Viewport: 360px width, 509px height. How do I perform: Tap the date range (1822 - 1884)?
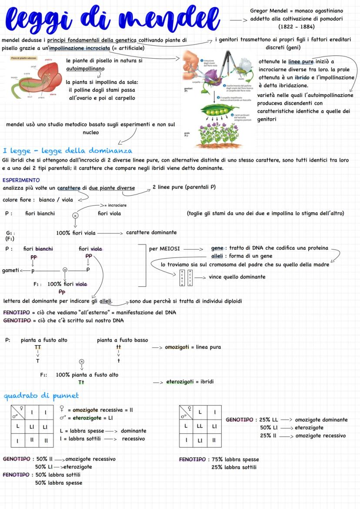point(296,27)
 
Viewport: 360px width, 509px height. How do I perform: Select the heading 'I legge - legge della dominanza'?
point(67,151)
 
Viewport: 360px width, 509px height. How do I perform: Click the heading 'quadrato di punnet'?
point(41,396)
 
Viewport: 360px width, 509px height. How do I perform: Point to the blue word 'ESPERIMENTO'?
point(21,180)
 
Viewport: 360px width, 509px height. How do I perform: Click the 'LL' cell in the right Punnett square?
point(200,426)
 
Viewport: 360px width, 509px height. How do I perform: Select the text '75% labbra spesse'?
point(235,459)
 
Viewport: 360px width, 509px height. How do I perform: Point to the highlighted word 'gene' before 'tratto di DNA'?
point(217,248)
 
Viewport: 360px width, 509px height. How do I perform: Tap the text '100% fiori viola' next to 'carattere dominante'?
point(76,233)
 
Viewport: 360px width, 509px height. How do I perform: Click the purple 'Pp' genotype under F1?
point(62,292)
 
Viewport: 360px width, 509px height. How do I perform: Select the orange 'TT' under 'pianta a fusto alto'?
point(38,347)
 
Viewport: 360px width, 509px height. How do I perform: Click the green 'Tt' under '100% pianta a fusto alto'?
point(81,382)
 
